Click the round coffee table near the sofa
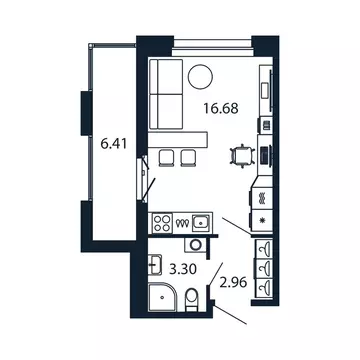click(201, 75)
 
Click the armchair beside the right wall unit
click(241, 155)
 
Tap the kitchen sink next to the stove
click(201, 223)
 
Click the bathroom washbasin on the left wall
click(154, 264)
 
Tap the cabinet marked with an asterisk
click(263, 221)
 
